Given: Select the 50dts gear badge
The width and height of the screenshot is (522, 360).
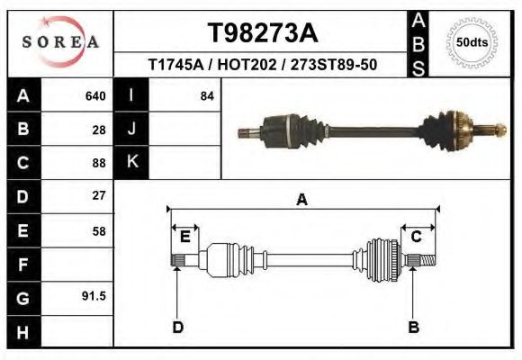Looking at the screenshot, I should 472,42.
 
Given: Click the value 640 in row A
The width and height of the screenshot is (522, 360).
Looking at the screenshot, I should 94,95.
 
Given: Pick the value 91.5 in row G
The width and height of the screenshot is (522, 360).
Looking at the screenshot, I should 94,296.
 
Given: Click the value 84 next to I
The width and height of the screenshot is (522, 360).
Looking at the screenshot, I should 207,95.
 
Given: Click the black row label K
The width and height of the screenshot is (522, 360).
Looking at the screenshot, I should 131,162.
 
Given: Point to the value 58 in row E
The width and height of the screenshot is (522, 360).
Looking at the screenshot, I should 99,230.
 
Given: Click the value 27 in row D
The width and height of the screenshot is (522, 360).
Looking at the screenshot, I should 99,195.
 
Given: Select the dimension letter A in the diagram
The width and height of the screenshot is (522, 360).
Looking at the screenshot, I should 301,200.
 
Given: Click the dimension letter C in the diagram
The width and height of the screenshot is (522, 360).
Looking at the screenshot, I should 417,237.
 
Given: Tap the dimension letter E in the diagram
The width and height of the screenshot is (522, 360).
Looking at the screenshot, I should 184,237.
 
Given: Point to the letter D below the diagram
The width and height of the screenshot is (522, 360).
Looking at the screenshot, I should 177,327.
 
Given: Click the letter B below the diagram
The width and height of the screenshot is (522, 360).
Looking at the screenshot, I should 413,327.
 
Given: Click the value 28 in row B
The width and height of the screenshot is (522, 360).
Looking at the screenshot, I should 99,129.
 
